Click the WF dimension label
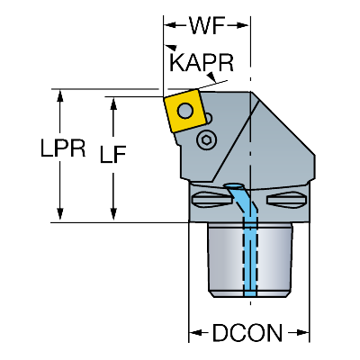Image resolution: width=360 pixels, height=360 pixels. (x=207, y=25)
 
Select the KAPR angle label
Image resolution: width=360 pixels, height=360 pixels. (x=202, y=63)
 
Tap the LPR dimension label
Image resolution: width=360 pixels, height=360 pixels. (x=63, y=148)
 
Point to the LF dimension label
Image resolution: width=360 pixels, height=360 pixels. (x=112, y=155)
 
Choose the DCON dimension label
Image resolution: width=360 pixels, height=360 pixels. (x=247, y=333)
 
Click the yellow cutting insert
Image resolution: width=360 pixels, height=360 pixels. (x=184, y=111)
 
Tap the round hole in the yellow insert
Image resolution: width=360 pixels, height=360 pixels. (x=185, y=111)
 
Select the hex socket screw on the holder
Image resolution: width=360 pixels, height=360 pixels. (x=206, y=139)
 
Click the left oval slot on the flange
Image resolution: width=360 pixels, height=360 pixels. (x=211, y=200)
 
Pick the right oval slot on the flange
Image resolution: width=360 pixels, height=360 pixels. (x=286, y=200)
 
